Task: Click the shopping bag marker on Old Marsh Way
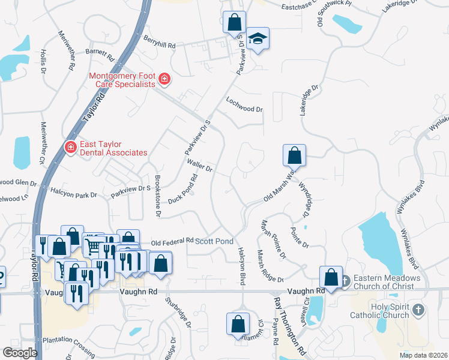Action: (294, 155)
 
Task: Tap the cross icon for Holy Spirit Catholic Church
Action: (419, 310)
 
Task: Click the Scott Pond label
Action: (214, 241)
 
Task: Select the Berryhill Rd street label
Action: (159, 42)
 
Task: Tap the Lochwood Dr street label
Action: (244, 105)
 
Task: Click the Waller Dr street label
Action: (200, 166)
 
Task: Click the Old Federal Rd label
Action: (172, 241)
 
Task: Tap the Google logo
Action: (20, 353)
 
